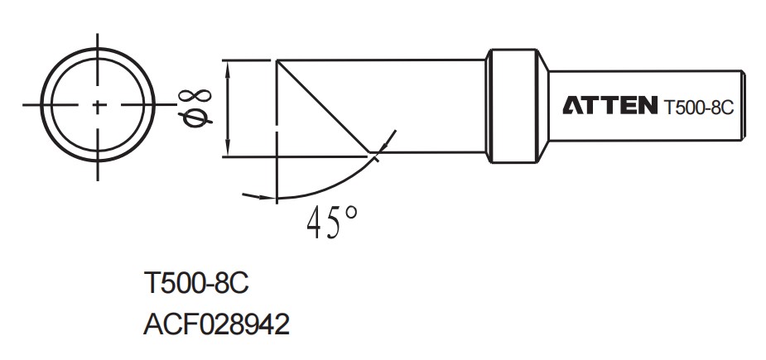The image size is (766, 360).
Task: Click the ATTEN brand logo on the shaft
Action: (610, 106)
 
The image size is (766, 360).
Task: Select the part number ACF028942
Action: (217, 324)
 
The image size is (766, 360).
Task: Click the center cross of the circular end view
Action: (99, 106)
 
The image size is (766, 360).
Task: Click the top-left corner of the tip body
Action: (277, 60)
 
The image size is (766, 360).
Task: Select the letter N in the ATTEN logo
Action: (646, 106)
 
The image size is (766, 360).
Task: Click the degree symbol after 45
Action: (352, 212)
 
